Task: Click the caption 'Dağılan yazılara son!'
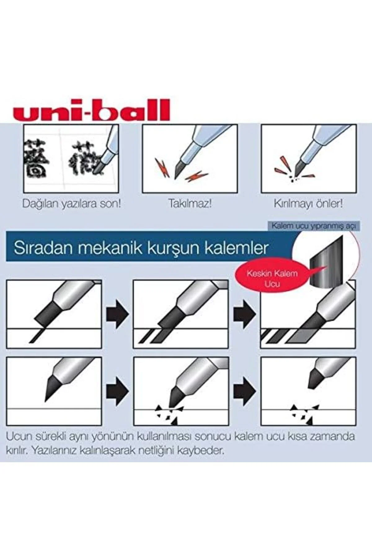click(72, 204)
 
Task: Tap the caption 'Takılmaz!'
click(190, 204)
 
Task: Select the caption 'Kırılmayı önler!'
click(308, 204)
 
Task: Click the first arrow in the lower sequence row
click(117, 392)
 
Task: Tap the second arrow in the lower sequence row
click(245, 392)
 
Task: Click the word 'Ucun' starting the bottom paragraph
click(18, 436)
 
